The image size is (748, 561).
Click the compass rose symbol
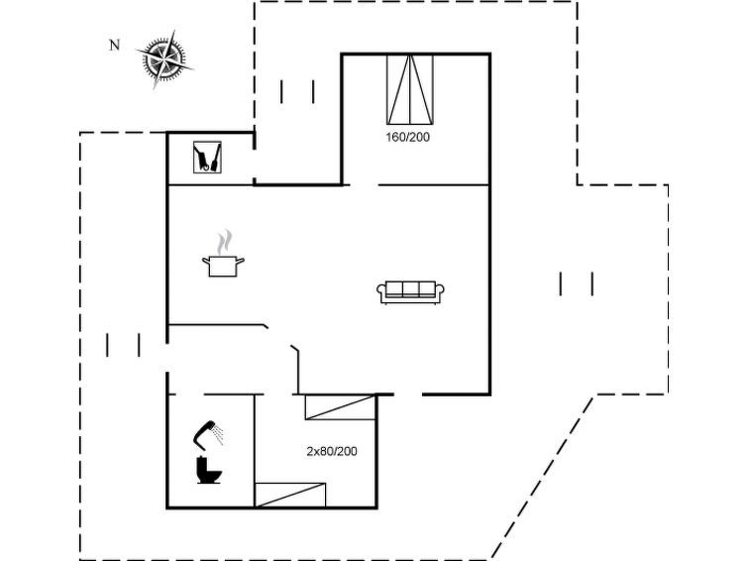click(x=164, y=59)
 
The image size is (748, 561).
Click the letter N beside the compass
click(x=114, y=45)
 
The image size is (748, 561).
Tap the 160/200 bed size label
click(x=407, y=137)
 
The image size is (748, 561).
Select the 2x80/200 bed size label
click(x=332, y=451)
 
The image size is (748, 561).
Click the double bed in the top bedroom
click(x=410, y=90)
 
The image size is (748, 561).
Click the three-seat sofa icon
click(x=411, y=292)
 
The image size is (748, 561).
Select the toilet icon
click(x=208, y=470)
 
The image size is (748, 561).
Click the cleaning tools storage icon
click(x=207, y=157)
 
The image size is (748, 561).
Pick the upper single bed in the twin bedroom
click(x=340, y=407)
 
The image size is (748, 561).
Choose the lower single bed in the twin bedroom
click(x=290, y=496)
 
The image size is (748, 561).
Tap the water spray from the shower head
click(x=218, y=434)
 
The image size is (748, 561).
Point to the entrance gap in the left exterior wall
click(x=167, y=358)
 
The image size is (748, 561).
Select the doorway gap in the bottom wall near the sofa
click(x=408, y=394)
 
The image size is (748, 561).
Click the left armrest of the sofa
click(x=381, y=290)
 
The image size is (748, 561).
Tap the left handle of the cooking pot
click(x=206, y=261)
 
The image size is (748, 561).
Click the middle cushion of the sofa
click(x=411, y=288)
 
